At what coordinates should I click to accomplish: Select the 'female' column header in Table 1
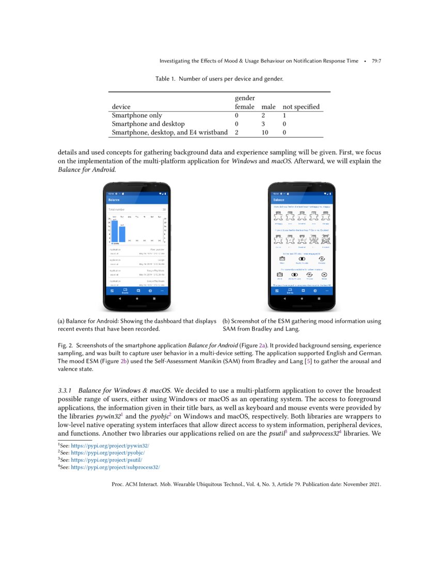[244, 107]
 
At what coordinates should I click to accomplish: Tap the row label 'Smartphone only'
[137, 116]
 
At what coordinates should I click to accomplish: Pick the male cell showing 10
[264, 132]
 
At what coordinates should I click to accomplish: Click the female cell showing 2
[237, 132]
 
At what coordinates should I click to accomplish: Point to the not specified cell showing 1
[284, 116]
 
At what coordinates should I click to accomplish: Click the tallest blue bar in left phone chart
[115, 231]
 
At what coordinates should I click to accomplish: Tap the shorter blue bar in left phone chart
[122, 234]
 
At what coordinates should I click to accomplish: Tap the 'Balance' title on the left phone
[114, 200]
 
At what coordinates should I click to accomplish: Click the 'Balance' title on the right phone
[279, 200]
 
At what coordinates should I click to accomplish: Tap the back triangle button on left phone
[121, 299]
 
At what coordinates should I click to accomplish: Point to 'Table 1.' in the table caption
[165, 79]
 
